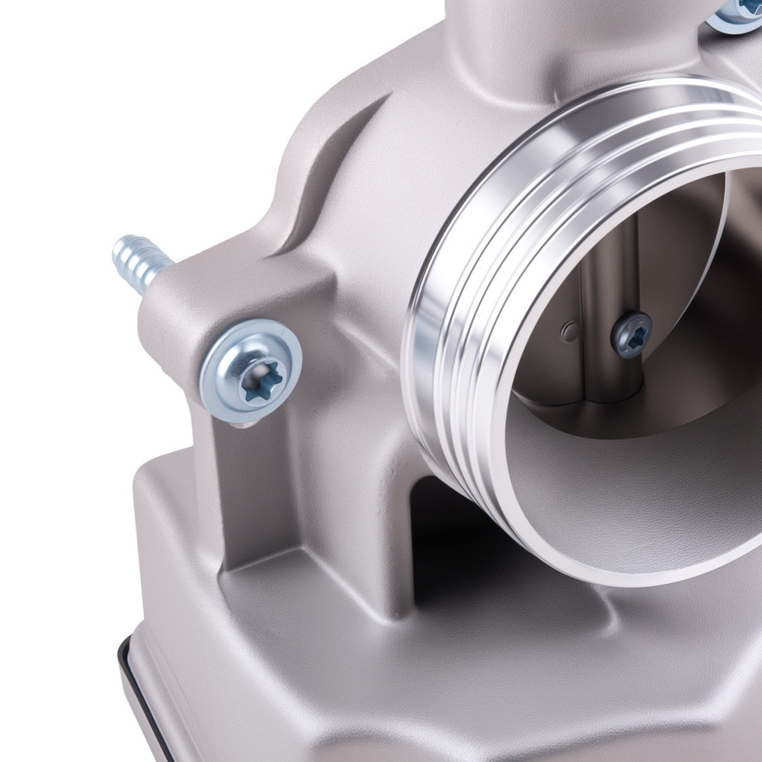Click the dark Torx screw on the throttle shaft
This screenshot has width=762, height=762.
point(632,332)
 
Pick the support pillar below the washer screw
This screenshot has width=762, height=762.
point(244,488)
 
